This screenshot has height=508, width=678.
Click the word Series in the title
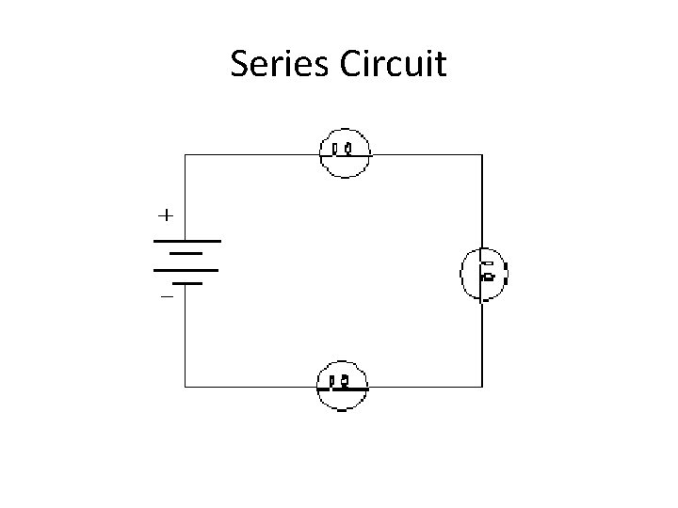tap(275, 65)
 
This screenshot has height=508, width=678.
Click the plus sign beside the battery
tap(165, 215)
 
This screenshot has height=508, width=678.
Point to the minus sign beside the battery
tap(166, 296)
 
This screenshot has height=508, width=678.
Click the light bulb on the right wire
tap(484, 274)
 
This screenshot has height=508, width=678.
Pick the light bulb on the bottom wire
tap(343, 385)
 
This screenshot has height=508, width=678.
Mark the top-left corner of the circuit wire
tap(185, 153)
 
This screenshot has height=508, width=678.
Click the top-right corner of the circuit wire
tap(483, 153)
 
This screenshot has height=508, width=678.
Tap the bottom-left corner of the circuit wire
tap(185, 386)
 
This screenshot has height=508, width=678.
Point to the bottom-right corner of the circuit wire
tap(483, 386)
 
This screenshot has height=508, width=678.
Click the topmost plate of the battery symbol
tap(186, 241)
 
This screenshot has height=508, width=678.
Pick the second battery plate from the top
tap(186, 253)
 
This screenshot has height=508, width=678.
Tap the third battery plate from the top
tap(186, 269)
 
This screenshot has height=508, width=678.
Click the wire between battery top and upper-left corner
tap(185, 198)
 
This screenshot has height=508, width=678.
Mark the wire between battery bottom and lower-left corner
tap(185, 334)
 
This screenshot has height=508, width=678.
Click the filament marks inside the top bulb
tap(343, 149)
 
